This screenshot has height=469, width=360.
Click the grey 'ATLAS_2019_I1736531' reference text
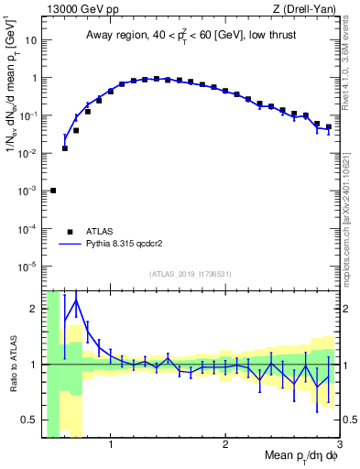click(191, 274)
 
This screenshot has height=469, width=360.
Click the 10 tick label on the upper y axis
click(30, 40)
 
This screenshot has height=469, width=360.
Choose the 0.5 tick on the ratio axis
click(27, 420)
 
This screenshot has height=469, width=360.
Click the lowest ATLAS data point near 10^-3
click(53, 191)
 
